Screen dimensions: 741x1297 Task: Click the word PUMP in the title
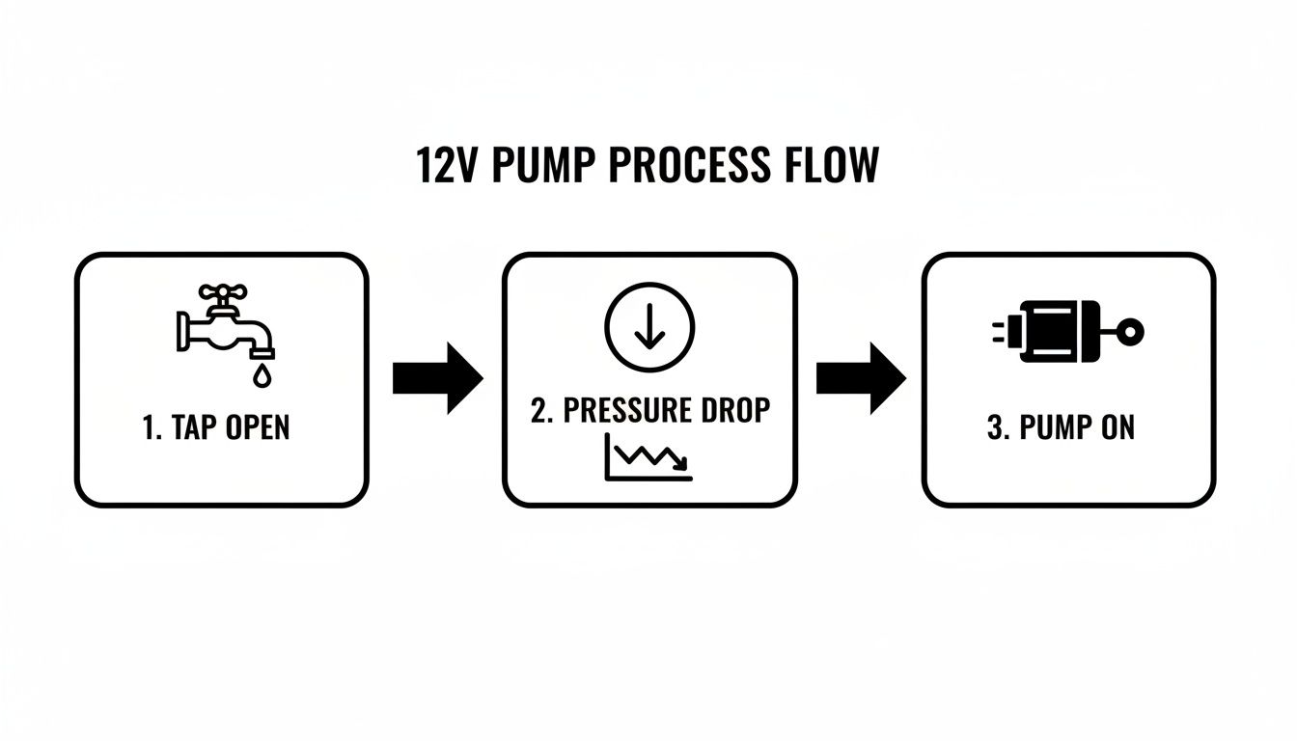click(x=545, y=166)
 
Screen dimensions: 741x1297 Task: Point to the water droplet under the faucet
click(x=261, y=375)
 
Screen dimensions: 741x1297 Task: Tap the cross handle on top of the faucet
click(x=223, y=293)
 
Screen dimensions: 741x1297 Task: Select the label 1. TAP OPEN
click(x=215, y=427)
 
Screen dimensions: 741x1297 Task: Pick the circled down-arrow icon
click(x=648, y=326)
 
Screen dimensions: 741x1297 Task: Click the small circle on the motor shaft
click(x=1134, y=332)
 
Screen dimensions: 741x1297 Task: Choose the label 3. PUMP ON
click(x=1061, y=427)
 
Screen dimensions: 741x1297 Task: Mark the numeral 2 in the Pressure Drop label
click(x=538, y=410)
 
